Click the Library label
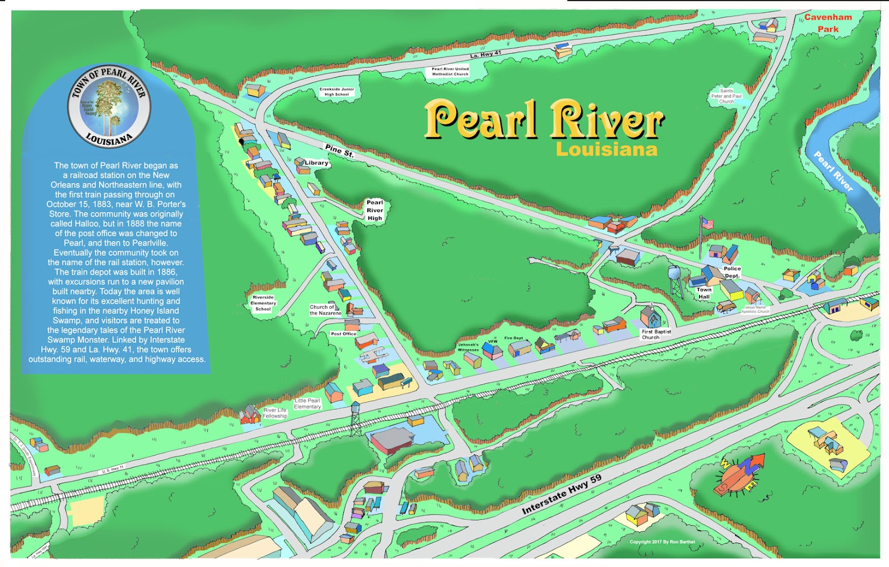316,163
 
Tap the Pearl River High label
374,210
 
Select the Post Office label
343,334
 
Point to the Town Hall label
704,293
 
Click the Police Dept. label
732,272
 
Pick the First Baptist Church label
656,334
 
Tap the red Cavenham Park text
828,23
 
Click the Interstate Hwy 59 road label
561,494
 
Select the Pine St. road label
339,150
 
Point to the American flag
707,224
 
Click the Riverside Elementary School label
263,303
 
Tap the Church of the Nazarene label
326,310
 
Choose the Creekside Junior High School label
337,92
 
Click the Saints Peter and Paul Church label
726,96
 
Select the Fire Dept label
513,338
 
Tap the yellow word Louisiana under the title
606,149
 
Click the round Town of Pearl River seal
109,106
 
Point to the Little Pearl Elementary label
307,404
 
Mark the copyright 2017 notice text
662,542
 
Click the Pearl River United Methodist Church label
450,72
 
